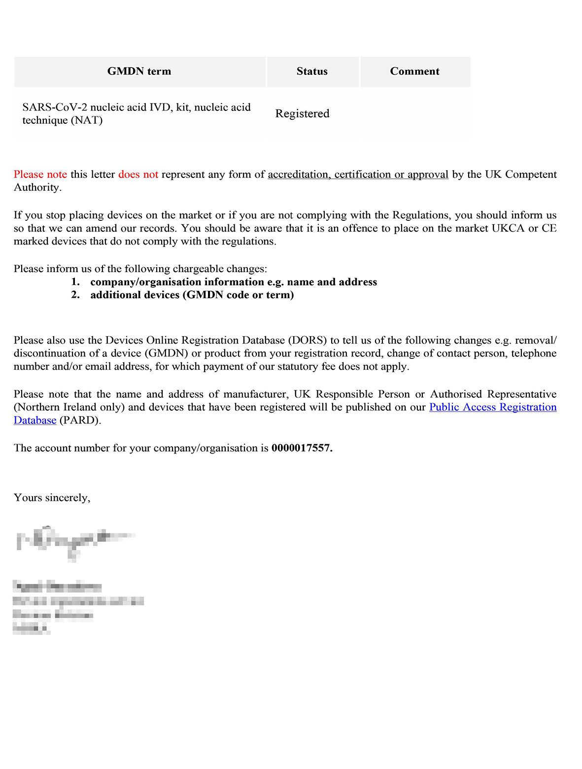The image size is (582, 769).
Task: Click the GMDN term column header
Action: (x=139, y=71)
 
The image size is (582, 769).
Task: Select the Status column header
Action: (x=312, y=71)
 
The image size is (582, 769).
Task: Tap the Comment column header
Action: (x=414, y=71)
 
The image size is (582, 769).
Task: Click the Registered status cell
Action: (x=302, y=114)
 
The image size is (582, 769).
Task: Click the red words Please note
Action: (x=40, y=175)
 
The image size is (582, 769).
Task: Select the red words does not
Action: (x=138, y=175)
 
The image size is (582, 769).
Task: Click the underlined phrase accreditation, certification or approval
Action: (x=358, y=175)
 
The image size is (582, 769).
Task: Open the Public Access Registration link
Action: (x=493, y=407)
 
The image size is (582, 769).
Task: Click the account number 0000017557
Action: (x=301, y=448)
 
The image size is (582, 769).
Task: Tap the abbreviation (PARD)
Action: (x=80, y=420)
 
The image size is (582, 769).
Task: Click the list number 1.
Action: (x=75, y=282)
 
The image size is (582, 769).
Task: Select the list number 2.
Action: (x=75, y=295)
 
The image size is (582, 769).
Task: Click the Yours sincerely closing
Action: (x=52, y=498)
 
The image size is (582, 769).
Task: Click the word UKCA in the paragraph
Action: (x=508, y=228)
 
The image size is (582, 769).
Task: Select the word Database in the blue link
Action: (x=35, y=420)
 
